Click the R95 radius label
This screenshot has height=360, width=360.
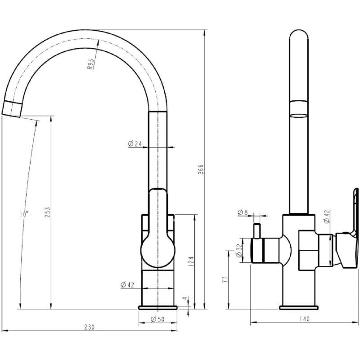pos(90,64)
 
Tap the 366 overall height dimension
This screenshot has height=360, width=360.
pos(201,169)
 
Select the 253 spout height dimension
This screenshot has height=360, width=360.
pos(47,212)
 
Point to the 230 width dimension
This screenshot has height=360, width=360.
pos(89,327)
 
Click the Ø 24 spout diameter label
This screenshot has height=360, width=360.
pos(135,144)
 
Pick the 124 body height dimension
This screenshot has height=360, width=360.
pos(191,261)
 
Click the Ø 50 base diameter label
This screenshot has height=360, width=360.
pos(158,319)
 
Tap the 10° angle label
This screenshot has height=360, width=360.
pos(24,214)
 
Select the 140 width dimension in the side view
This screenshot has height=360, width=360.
pos(305,319)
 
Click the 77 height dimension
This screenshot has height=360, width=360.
pos(225,279)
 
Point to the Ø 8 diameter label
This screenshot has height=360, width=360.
pos(243,212)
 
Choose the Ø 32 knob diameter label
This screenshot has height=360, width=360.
pos(239,251)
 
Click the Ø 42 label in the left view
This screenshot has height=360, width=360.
pos(127,285)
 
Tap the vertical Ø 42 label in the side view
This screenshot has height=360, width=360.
pos(327,216)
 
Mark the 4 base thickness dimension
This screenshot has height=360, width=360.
pos(184,298)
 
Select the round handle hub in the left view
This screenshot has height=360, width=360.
pos(158,251)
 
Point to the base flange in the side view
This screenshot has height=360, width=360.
pos(299,308)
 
